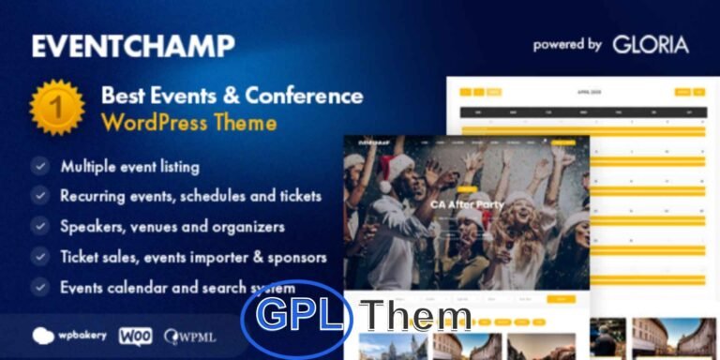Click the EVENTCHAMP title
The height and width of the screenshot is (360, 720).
pyautogui.click(x=132, y=45)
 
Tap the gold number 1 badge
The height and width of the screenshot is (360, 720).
pyautogui.click(x=57, y=108)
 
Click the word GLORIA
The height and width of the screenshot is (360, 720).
pyautogui.click(x=651, y=44)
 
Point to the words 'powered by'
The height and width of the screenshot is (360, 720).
pyautogui.click(x=567, y=44)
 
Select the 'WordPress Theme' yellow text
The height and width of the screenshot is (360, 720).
pyautogui.click(x=188, y=123)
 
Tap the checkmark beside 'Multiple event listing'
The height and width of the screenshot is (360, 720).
pyautogui.click(x=39, y=167)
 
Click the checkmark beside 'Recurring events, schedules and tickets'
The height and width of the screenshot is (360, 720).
pyautogui.click(x=39, y=197)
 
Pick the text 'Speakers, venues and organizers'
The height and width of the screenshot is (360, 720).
pyautogui.click(x=172, y=226)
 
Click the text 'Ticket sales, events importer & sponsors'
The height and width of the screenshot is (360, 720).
pyautogui.click(x=193, y=256)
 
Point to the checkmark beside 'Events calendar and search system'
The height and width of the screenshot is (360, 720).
pyautogui.click(x=39, y=286)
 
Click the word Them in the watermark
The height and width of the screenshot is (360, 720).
pyautogui.click(x=417, y=318)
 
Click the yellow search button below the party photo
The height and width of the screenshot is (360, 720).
pyautogui.click(x=560, y=299)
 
